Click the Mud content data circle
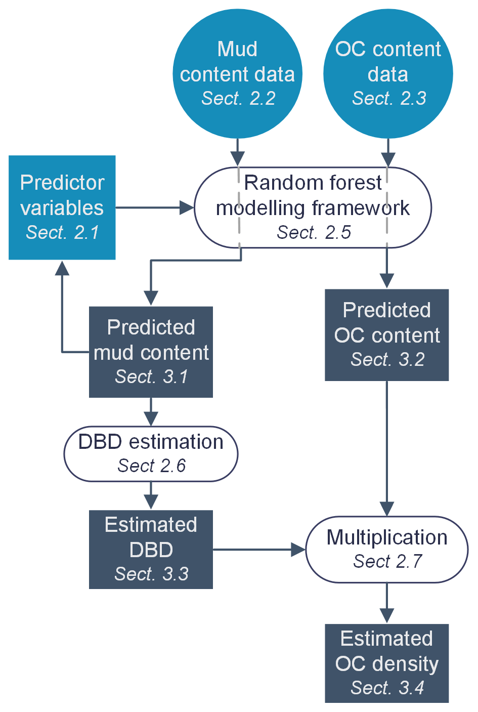[x=237, y=73]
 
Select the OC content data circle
[x=388, y=73]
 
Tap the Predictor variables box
[x=62, y=207]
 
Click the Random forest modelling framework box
[x=313, y=207]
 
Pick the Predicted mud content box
[x=151, y=352]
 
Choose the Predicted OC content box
[x=387, y=334]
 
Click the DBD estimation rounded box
[x=151, y=453]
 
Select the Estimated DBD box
[x=151, y=549]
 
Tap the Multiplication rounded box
[x=387, y=549]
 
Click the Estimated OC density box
[x=387, y=663]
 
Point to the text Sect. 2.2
[x=238, y=98]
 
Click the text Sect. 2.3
[x=389, y=98]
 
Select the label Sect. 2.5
[x=314, y=232]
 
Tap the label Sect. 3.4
[x=387, y=688]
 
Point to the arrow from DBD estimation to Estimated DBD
[x=151, y=495]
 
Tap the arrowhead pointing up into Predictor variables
[x=62, y=268]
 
